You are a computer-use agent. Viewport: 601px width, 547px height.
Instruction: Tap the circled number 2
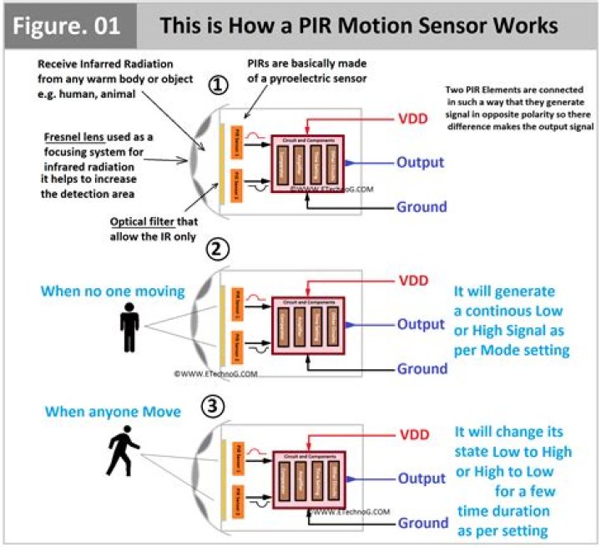(218, 250)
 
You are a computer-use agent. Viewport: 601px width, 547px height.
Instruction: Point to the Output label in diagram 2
(421, 324)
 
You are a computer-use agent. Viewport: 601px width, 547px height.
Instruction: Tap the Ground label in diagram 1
(422, 206)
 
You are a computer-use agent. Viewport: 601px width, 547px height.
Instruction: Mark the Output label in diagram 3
(421, 479)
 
